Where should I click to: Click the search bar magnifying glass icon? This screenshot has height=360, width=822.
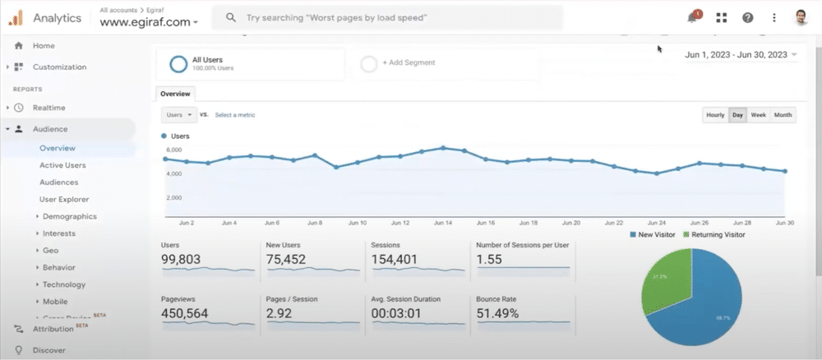pyautogui.click(x=232, y=17)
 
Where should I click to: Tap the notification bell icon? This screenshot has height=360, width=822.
pyautogui.click(x=692, y=17)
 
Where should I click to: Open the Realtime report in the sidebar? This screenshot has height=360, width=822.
pyautogui.click(x=48, y=108)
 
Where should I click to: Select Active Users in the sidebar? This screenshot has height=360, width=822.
pyautogui.click(x=62, y=165)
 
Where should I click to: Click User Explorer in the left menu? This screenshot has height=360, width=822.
pyautogui.click(x=64, y=199)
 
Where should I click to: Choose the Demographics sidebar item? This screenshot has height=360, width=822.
pyautogui.click(x=69, y=216)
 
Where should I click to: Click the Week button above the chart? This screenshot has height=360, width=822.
pyautogui.click(x=759, y=115)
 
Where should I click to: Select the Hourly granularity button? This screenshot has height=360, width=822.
pyautogui.click(x=715, y=115)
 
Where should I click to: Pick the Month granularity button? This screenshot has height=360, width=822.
pyautogui.click(x=783, y=115)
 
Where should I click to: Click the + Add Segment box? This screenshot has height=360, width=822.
pyautogui.click(x=408, y=62)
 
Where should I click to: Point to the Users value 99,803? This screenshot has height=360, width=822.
pyautogui.click(x=181, y=260)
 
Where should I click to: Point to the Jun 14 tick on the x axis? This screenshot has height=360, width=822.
pyautogui.click(x=443, y=223)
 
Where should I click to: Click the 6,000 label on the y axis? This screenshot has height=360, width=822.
pyautogui.click(x=173, y=150)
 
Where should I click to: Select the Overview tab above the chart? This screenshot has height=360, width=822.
pyautogui.click(x=175, y=94)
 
